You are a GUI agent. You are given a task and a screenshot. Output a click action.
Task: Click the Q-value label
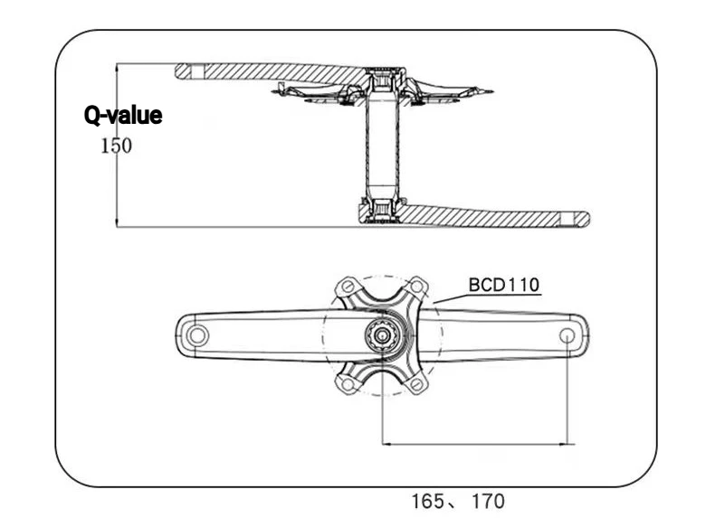pos(123,116)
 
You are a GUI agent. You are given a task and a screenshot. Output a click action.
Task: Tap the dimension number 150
pos(116,146)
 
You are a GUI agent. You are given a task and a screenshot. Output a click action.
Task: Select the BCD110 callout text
pos(504,285)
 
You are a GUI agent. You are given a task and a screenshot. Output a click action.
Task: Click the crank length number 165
pos(428,501)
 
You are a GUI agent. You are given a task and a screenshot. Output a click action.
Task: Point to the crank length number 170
pos(489,501)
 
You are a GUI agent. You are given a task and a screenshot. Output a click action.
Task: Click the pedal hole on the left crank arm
pos(197,335)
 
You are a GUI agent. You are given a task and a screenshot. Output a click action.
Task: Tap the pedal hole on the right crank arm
pos(567,335)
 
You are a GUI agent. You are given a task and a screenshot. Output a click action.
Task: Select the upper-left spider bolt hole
pos(348,287)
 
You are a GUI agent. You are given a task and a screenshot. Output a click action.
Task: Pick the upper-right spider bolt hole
pos(416,287)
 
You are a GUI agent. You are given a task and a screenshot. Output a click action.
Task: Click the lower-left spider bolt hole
pos(348,384)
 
